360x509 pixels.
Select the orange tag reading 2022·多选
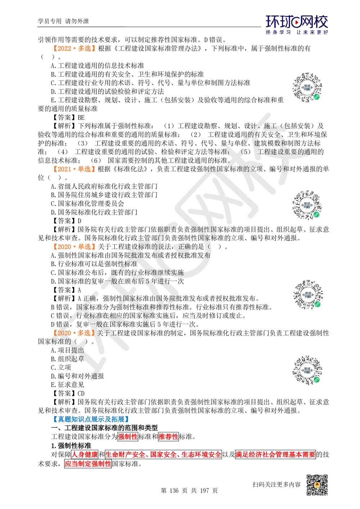[74, 48]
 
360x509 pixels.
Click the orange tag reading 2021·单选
[74, 168]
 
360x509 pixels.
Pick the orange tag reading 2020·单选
[74, 247]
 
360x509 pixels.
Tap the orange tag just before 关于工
[74, 333]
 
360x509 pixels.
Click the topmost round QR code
[308, 86]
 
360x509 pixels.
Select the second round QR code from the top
[308, 204]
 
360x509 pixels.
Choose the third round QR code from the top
[308, 294]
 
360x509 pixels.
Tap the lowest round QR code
[308, 371]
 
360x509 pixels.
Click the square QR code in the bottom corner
[317, 485]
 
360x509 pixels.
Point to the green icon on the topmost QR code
[317, 96]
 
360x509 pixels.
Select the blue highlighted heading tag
[91, 419]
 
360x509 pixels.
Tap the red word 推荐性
[168, 437]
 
